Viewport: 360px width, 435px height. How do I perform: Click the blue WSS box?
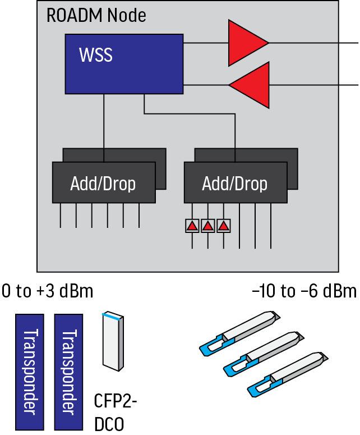coord(124,63)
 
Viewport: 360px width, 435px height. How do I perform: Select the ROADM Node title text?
coord(96,15)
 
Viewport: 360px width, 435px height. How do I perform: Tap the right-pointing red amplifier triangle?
coord(247,43)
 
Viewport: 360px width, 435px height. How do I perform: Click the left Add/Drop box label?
coord(103,183)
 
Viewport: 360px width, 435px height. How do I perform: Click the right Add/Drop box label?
coord(235,183)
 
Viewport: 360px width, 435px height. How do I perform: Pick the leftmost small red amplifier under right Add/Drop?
coord(192,226)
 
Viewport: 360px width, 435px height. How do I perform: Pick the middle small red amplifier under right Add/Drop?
coord(208,226)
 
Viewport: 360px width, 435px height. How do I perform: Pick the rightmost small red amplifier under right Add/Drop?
coord(224,226)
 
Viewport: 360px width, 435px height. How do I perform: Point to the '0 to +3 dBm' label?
coord(47,291)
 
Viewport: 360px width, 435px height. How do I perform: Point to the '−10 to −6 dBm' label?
coord(304,291)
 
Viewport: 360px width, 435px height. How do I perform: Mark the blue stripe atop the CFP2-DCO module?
coord(110,318)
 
